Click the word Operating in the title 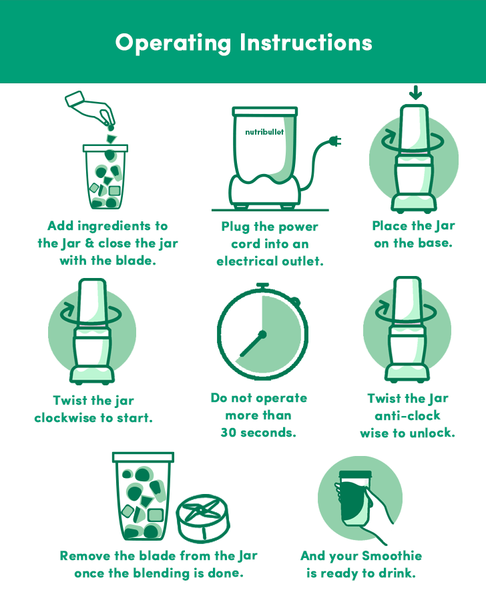174,43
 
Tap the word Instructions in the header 306,42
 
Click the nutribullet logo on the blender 264,132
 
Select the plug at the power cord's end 335,141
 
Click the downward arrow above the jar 415,93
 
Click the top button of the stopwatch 262,287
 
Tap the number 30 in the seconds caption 228,433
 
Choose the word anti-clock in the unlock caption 407,415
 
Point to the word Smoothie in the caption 392,556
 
